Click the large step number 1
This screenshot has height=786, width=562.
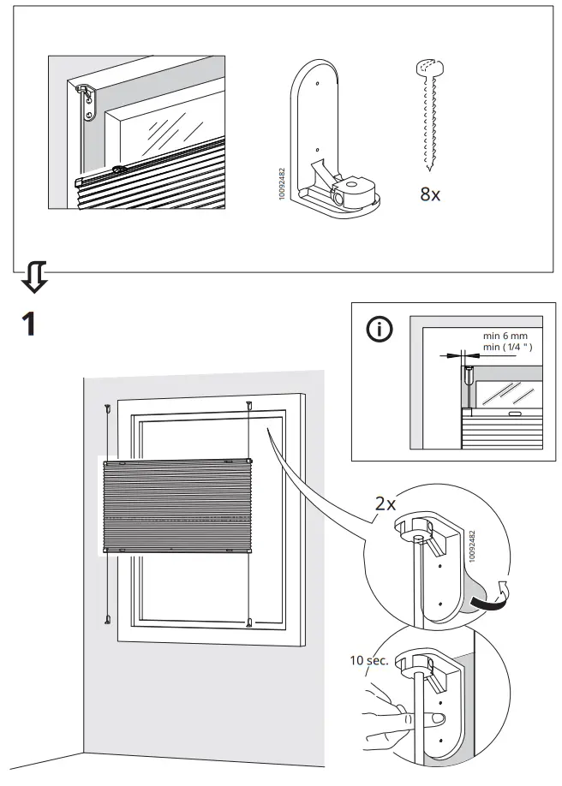[x=28, y=324]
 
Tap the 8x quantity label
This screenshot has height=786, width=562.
[x=430, y=194]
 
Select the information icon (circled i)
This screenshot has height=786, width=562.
[x=380, y=330]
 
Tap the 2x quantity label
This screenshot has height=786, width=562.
[x=386, y=503]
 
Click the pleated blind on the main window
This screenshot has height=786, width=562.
[x=176, y=507]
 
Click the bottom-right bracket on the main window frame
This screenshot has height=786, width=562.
[x=248, y=622]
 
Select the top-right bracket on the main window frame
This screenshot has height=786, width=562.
[x=248, y=406]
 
